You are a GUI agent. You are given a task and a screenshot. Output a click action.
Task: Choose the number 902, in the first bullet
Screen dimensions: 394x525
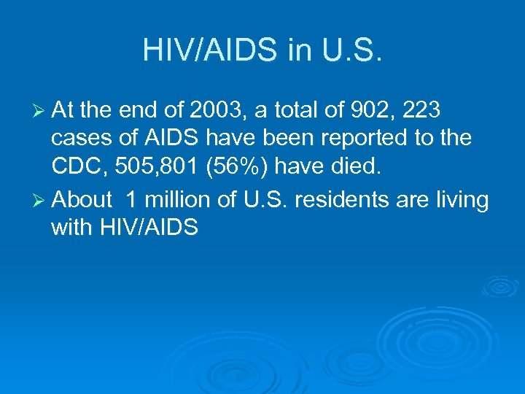click(380, 109)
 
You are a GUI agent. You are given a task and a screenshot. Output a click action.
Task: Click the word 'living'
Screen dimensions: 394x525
click(462, 200)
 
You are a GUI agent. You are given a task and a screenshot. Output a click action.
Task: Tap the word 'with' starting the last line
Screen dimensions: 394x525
click(69, 229)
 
